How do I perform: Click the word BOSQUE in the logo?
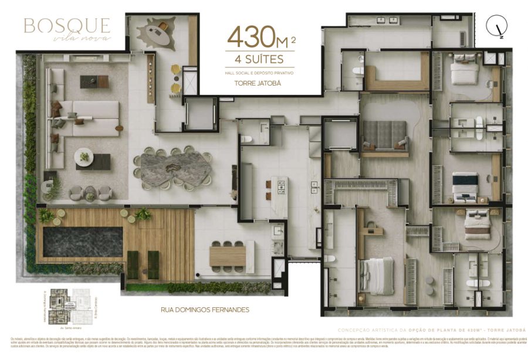point(66,25)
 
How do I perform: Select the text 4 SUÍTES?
point(259,59)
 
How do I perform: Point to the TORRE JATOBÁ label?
point(259,83)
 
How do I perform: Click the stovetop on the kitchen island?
point(280,186)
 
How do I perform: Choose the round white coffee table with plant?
point(84,157)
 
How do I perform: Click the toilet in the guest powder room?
point(248,138)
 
